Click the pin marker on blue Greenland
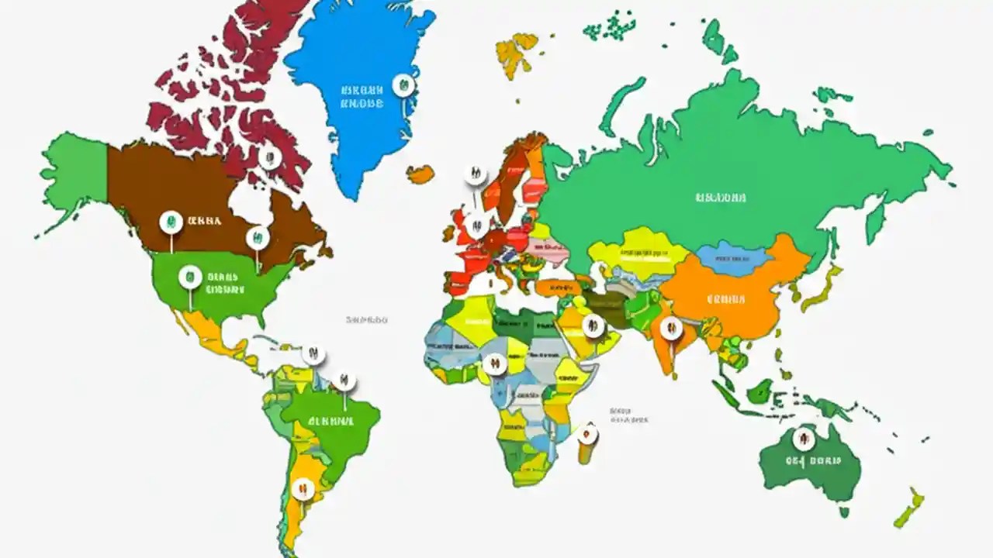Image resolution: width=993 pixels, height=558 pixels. point(403,84)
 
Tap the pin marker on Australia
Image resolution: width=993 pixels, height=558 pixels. point(804,439)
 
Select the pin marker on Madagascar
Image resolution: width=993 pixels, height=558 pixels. point(588,434)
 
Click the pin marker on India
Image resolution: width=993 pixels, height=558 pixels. point(671,329)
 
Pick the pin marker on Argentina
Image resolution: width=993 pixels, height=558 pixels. point(303,487)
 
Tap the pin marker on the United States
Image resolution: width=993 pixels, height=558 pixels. point(190,277)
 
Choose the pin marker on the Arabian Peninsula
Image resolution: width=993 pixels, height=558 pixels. point(593,326)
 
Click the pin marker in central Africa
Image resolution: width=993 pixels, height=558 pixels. point(493,363)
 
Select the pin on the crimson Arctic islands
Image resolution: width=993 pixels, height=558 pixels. point(270,157)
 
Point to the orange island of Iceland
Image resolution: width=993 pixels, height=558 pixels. point(420,174)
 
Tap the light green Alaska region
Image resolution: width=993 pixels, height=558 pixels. point(74,170)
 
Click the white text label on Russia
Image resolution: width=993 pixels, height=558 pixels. point(721,198)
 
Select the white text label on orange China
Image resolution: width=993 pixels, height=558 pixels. point(726,299)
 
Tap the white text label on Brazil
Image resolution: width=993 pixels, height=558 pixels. point(330,422)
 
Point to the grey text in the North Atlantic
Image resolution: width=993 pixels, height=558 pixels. point(366,319)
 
